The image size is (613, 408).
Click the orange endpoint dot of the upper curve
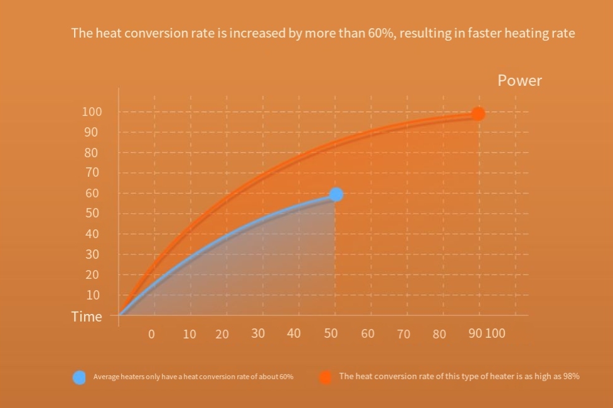pyautogui.click(x=478, y=114)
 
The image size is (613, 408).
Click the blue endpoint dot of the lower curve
pyautogui.click(x=336, y=194)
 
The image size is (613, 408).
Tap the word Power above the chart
pyautogui.click(x=520, y=81)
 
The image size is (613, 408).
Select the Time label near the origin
pyautogui.click(x=87, y=316)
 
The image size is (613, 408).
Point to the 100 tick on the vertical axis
pyautogui.click(x=92, y=112)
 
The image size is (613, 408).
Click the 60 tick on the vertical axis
pyautogui.click(x=92, y=193)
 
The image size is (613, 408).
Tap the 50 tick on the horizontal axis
pyautogui.click(x=331, y=333)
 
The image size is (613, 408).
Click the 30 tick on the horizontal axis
pyautogui.click(x=258, y=333)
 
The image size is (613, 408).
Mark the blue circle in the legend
pyautogui.click(x=79, y=377)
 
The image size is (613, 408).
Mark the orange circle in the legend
pyautogui.click(x=326, y=377)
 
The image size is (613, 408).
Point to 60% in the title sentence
pyautogui.click(x=382, y=33)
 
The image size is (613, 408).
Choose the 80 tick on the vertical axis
pyautogui.click(x=92, y=152)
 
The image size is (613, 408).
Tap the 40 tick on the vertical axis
pyautogui.click(x=92, y=234)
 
